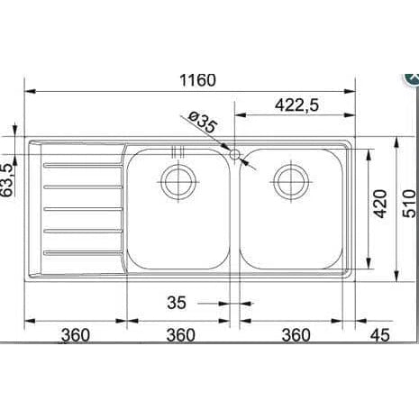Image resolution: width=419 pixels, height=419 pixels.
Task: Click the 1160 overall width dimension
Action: click(197, 80)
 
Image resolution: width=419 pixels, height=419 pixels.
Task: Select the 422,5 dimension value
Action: click(296, 105)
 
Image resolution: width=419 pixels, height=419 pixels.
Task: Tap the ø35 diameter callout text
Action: click(202, 123)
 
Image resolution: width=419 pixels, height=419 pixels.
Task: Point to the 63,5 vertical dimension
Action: click(8, 180)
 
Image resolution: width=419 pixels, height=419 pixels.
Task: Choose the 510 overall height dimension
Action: click(409, 204)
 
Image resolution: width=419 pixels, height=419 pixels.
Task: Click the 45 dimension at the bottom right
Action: click(379, 335)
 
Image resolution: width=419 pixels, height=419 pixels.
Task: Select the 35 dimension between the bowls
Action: click(177, 303)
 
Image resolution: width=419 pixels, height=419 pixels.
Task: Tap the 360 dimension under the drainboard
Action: click(76, 335)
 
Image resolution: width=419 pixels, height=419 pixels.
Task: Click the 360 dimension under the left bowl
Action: click(181, 335)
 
